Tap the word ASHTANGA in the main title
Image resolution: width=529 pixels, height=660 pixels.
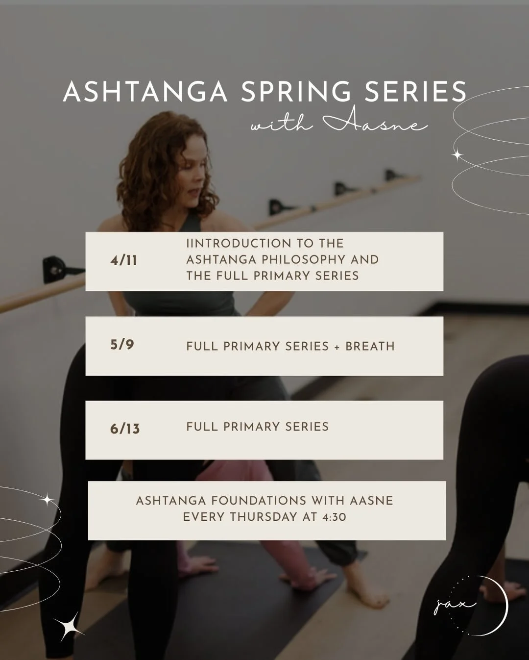click(145, 92)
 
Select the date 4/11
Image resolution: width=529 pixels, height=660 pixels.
click(124, 260)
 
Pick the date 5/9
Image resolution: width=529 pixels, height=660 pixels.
click(122, 345)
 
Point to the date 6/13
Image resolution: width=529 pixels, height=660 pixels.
click(125, 429)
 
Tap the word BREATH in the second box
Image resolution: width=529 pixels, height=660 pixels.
click(370, 346)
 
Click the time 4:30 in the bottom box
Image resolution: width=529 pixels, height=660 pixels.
click(335, 517)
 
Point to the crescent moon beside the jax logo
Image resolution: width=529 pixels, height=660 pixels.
click(502, 606)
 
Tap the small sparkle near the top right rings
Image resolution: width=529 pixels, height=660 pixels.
click(457, 155)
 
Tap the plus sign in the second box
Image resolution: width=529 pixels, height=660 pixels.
click(337, 347)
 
